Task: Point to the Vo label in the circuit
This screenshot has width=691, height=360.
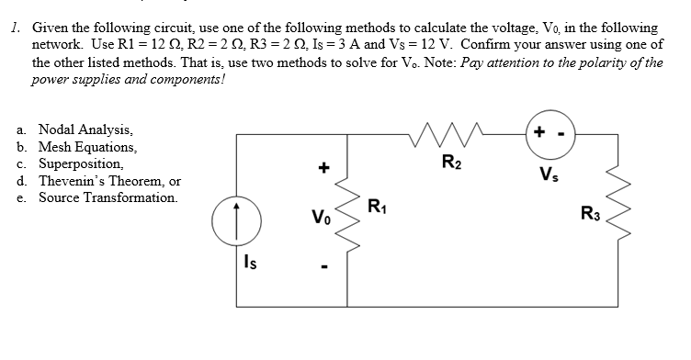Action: point(319,220)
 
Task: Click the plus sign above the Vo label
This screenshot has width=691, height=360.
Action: point(322,169)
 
